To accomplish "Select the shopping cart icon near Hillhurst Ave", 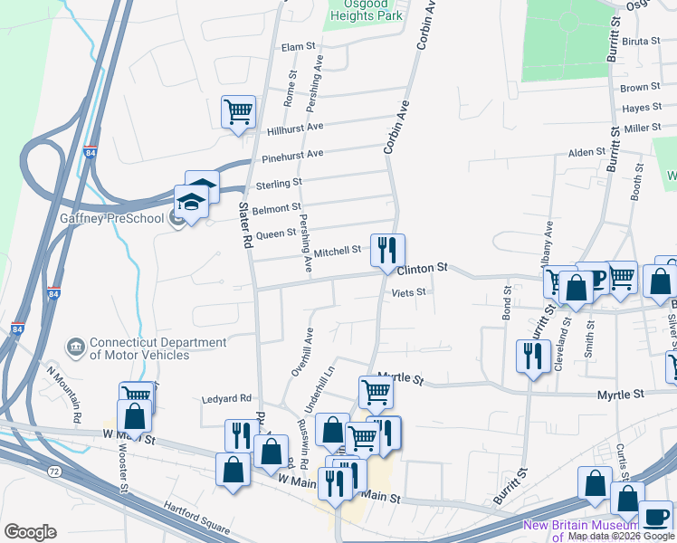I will tap(239, 113).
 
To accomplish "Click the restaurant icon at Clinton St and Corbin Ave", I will tap(387, 250).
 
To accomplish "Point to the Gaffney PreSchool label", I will tap(100, 219).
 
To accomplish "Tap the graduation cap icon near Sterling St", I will tap(192, 203).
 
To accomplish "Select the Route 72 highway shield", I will tap(55, 472).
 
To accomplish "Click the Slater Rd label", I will tap(243, 225).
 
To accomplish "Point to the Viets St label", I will tap(408, 292).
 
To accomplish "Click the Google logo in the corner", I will tap(30, 531).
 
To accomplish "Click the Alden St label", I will tap(586, 152).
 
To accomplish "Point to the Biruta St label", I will tap(643, 41).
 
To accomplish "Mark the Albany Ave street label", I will tap(547, 243).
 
